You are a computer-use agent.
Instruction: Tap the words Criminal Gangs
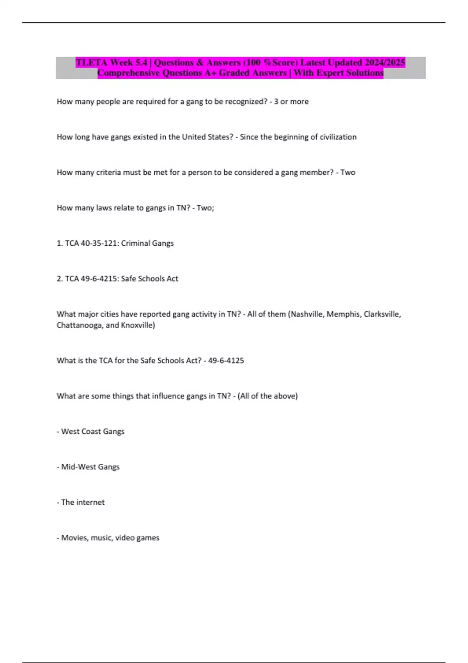(x=147, y=243)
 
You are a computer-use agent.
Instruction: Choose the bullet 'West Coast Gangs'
(x=93, y=432)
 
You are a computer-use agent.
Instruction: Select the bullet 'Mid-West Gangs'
(x=90, y=467)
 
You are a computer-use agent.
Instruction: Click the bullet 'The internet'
(x=83, y=502)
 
